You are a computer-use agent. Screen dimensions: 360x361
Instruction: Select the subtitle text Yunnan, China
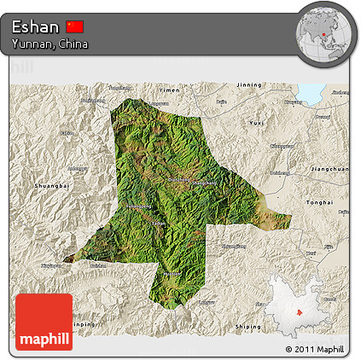pos(49,44)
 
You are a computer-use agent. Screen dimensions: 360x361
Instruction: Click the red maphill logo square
pos(44,321)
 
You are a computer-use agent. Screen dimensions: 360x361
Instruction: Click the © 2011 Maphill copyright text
pos(315,349)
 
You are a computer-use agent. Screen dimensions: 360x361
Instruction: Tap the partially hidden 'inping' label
pos(82,325)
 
